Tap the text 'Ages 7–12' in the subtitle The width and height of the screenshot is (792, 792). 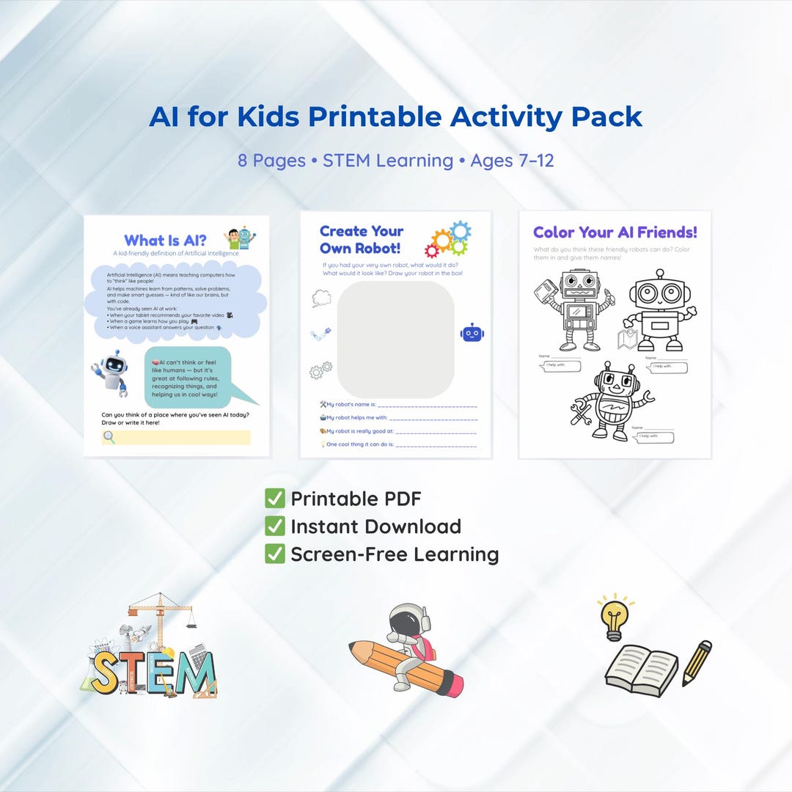coord(512,160)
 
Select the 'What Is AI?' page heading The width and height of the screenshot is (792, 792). coord(165,241)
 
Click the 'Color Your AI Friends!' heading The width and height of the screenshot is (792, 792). coord(615,232)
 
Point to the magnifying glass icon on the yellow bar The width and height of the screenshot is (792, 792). coord(109,438)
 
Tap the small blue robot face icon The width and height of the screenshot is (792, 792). coord(472,333)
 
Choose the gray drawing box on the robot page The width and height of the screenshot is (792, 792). coord(395,339)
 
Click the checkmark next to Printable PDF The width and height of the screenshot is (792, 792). coord(275,499)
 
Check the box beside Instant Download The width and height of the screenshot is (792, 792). coord(275,526)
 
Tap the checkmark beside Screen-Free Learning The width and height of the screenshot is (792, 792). coord(275,554)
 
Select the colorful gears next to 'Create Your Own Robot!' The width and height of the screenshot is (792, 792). coord(448,239)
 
